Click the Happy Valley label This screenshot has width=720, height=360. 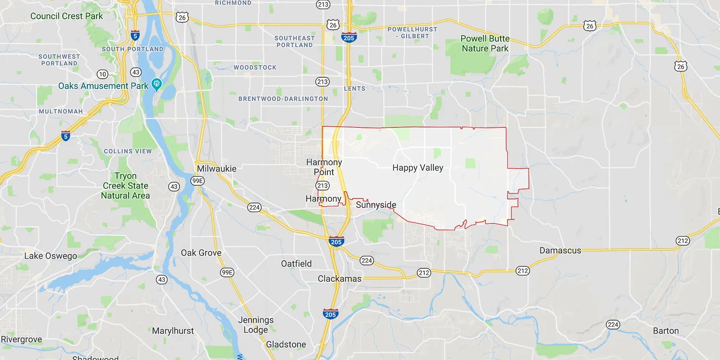(418, 168)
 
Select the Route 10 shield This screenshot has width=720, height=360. (102, 74)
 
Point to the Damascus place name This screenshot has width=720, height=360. (560, 251)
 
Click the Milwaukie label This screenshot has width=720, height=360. (216, 169)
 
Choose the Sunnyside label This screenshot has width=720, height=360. (376, 205)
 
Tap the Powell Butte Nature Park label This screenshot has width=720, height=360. (485, 44)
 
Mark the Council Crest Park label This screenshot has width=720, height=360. (67, 16)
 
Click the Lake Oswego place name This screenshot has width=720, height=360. (50, 256)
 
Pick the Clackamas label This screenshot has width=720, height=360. (340, 279)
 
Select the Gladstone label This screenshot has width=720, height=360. (286, 344)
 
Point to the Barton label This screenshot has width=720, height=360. (666, 331)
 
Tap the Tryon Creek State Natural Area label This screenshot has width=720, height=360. (125, 186)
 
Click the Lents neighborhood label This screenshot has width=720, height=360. (355, 88)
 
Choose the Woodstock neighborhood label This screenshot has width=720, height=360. (255, 68)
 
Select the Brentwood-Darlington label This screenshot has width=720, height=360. (283, 99)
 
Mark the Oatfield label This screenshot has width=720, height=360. (296, 264)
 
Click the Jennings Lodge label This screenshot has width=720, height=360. (256, 325)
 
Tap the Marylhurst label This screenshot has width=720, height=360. (173, 331)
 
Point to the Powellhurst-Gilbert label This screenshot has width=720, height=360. (412, 33)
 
